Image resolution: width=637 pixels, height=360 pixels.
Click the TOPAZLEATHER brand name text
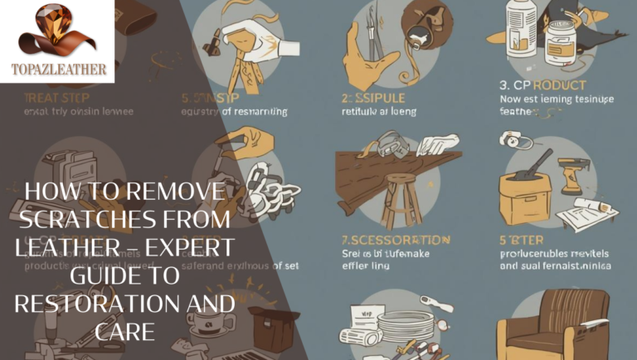click(58, 70)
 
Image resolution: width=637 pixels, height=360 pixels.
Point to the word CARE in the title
click(125, 332)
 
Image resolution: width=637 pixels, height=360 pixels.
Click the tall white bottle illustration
click(521, 32)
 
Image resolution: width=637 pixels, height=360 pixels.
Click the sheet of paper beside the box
click(586, 212)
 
